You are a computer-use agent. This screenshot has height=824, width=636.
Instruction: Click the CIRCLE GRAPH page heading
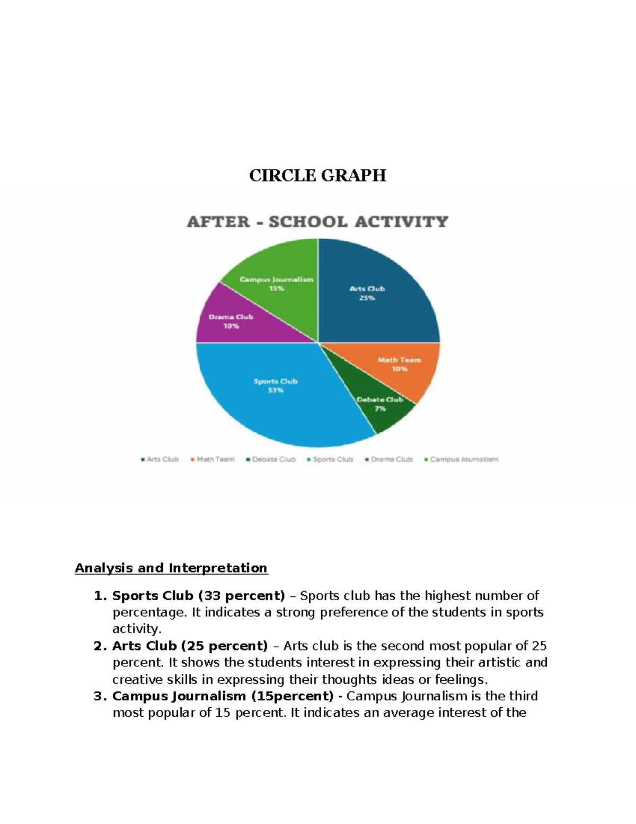(x=317, y=176)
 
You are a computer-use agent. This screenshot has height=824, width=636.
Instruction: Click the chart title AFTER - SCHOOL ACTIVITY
(x=317, y=221)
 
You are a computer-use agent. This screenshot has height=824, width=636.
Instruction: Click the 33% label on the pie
(x=276, y=391)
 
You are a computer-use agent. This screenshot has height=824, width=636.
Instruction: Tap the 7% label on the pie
(x=380, y=409)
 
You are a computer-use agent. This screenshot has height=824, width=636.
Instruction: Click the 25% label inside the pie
(x=367, y=298)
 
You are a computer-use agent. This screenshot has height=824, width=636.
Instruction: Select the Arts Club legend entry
(x=160, y=459)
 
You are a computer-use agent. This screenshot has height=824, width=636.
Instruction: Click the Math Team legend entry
(x=213, y=459)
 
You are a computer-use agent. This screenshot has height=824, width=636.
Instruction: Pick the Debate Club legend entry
(x=271, y=459)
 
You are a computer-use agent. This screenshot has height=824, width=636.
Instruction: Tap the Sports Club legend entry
(x=330, y=459)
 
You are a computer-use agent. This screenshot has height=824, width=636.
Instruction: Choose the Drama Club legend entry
(x=389, y=459)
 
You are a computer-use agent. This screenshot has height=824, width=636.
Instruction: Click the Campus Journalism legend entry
(x=462, y=459)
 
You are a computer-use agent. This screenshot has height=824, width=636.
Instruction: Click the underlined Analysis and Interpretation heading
(x=171, y=568)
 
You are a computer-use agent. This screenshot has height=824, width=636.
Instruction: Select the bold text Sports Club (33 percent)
(x=198, y=596)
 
